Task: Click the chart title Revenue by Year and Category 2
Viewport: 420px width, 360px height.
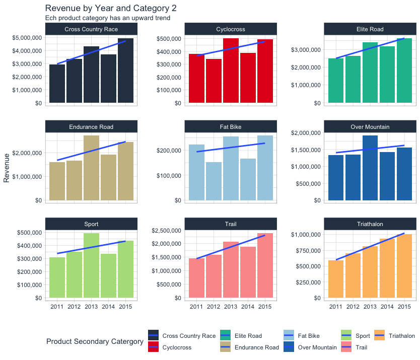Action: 110,9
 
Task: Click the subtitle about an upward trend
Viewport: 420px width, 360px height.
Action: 107,18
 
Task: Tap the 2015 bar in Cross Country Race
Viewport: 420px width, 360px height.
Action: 125,70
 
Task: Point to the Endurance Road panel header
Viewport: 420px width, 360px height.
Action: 91,127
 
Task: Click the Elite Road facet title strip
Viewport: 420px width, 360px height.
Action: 370,29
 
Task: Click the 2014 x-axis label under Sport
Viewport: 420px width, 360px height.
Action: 108,307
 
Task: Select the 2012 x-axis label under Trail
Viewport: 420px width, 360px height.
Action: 214,307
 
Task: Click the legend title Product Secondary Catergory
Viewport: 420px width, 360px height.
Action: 95,342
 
